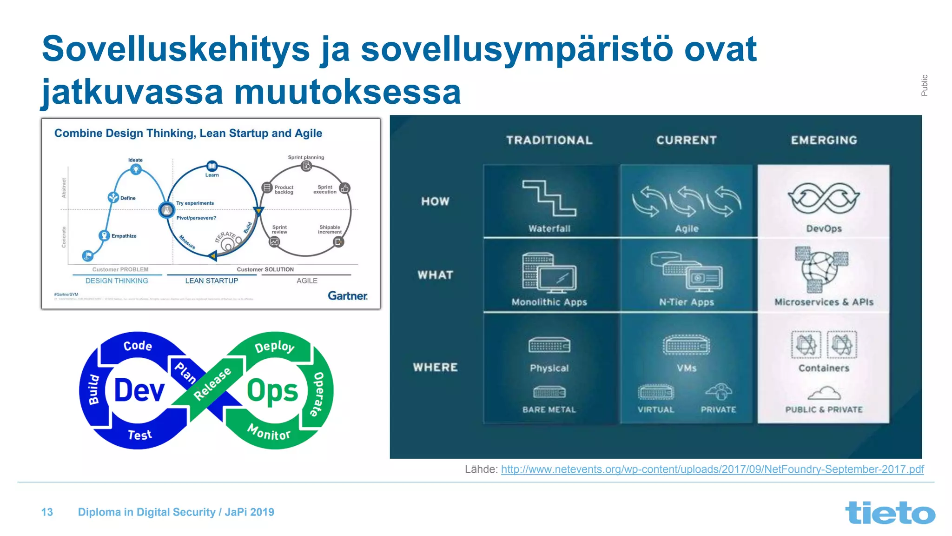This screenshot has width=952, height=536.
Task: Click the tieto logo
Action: (x=890, y=513)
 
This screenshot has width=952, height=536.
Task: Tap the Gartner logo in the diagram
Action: (x=347, y=296)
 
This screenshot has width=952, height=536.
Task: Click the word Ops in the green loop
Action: (x=272, y=391)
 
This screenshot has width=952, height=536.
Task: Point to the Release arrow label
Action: (x=212, y=383)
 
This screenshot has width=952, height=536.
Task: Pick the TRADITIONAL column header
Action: (x=549, y=140)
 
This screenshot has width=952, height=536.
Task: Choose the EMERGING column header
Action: (x=824, y=140)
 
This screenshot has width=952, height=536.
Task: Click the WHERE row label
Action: (x=435, y=367)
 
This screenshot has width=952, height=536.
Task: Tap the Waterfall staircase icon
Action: (x=549, y=198)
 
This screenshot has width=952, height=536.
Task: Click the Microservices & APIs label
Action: (x=824, y=302)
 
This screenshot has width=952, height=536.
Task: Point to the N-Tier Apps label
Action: (x=686, y=302)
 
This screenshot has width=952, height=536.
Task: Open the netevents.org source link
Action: (x=712, y=469)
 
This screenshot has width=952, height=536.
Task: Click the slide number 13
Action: (x=47, y=512)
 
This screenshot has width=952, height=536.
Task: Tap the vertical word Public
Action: (x=924, y=85)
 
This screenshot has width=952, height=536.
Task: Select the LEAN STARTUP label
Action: (x=212, y=281)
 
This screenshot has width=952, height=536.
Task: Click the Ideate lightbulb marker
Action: (x=136, y=169)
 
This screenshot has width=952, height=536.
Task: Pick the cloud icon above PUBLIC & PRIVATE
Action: (x=824, y=394)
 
